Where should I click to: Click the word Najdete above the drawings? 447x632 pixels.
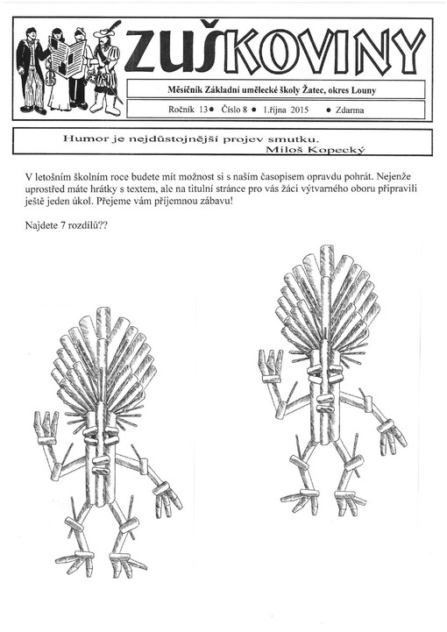pos(46,225)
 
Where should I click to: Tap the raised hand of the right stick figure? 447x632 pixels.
pos(270,365)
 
